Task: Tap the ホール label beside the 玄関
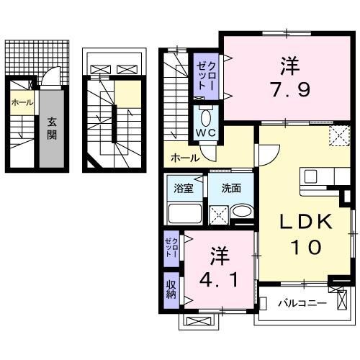point(21,102)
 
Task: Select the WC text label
point(205,133)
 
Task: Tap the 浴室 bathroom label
point(184,189)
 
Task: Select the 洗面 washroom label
point(230,189)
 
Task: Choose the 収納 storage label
point(171,289)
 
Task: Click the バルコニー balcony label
point(302,303)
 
